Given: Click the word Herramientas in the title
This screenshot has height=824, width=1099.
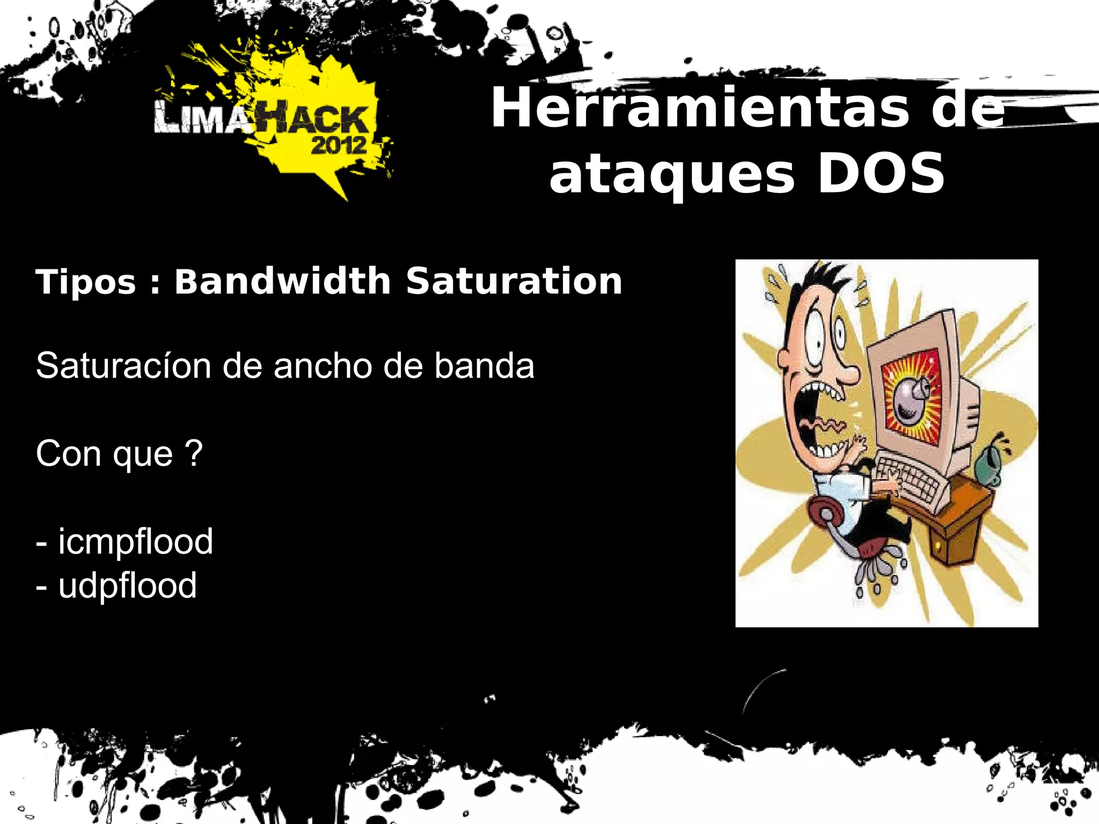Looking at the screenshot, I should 700,108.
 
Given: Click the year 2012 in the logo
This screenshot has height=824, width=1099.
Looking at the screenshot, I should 339,145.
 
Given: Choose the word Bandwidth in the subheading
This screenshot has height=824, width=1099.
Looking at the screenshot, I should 283,281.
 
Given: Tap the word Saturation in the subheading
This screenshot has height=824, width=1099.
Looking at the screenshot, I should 514,281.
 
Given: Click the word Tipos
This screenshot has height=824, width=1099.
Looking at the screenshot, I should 86,282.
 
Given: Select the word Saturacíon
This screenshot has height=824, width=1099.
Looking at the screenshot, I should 123,366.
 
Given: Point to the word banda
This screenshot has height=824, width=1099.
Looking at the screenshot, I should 484,366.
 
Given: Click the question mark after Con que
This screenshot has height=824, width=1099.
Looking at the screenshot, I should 193,453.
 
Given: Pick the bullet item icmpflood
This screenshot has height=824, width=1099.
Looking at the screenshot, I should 135,541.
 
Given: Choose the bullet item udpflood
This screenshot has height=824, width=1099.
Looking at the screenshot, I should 127,585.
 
